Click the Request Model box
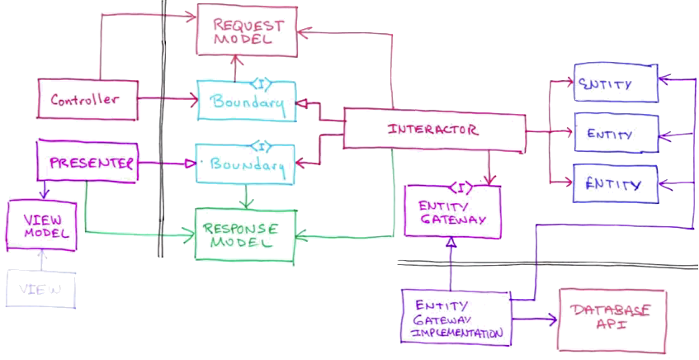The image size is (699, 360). (x=248, y=33)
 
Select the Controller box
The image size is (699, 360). (x=87, y=100)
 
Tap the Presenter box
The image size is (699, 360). (x=87, y=163)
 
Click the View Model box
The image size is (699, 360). (x=42, y=224)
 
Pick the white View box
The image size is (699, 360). (x=40, y=289)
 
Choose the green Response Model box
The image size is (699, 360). (x=243, y=234)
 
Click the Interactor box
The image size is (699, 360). (x=433, y=130)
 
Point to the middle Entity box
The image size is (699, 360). (x=616, y=132)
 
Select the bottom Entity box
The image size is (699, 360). (x=616, y=183)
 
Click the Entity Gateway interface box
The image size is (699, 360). (x=451, y=213)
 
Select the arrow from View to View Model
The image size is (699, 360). (x=40, y=260)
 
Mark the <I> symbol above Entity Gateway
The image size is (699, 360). (x=459, y=188)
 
